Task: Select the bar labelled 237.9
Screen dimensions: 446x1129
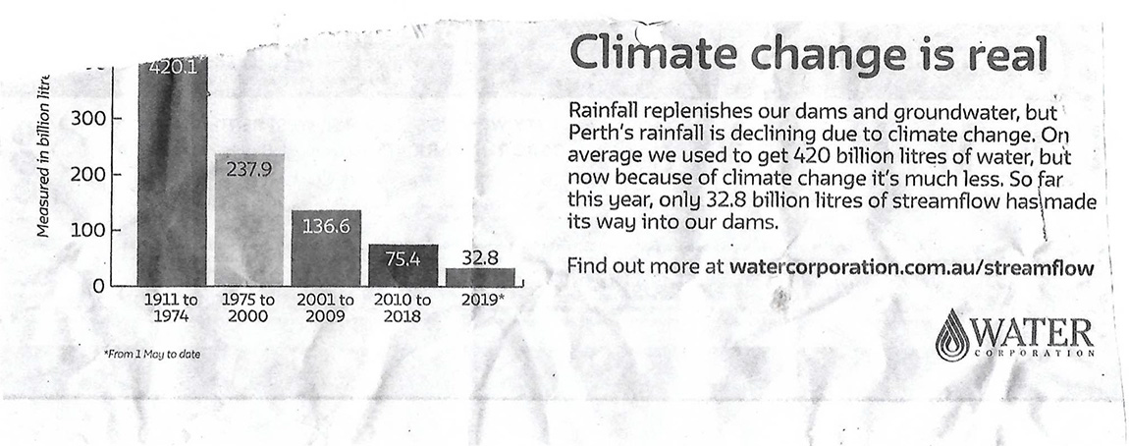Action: click(250, 221)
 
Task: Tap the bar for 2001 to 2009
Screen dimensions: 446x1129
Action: click(326, 248)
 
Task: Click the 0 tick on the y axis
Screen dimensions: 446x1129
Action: click(99, 287)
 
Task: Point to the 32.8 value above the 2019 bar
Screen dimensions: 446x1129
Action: click(481, 256)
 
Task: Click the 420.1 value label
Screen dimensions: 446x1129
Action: click(173, 67)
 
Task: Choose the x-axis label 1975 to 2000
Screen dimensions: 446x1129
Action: click(248, 307)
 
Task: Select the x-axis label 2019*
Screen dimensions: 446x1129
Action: click(481, 300)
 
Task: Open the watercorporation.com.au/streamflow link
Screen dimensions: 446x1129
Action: click(912, 266)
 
